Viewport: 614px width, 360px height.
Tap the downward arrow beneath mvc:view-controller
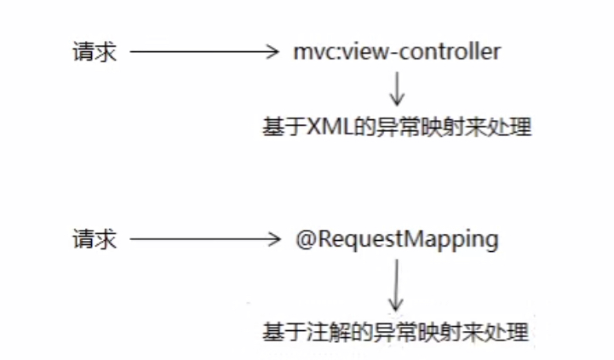(398, 86)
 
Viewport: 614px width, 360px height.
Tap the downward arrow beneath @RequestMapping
(394, 288)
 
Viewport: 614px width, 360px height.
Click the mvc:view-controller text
(396, 52)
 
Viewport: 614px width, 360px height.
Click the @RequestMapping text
(396, 240)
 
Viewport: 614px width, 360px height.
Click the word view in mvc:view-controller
(359, 52)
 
